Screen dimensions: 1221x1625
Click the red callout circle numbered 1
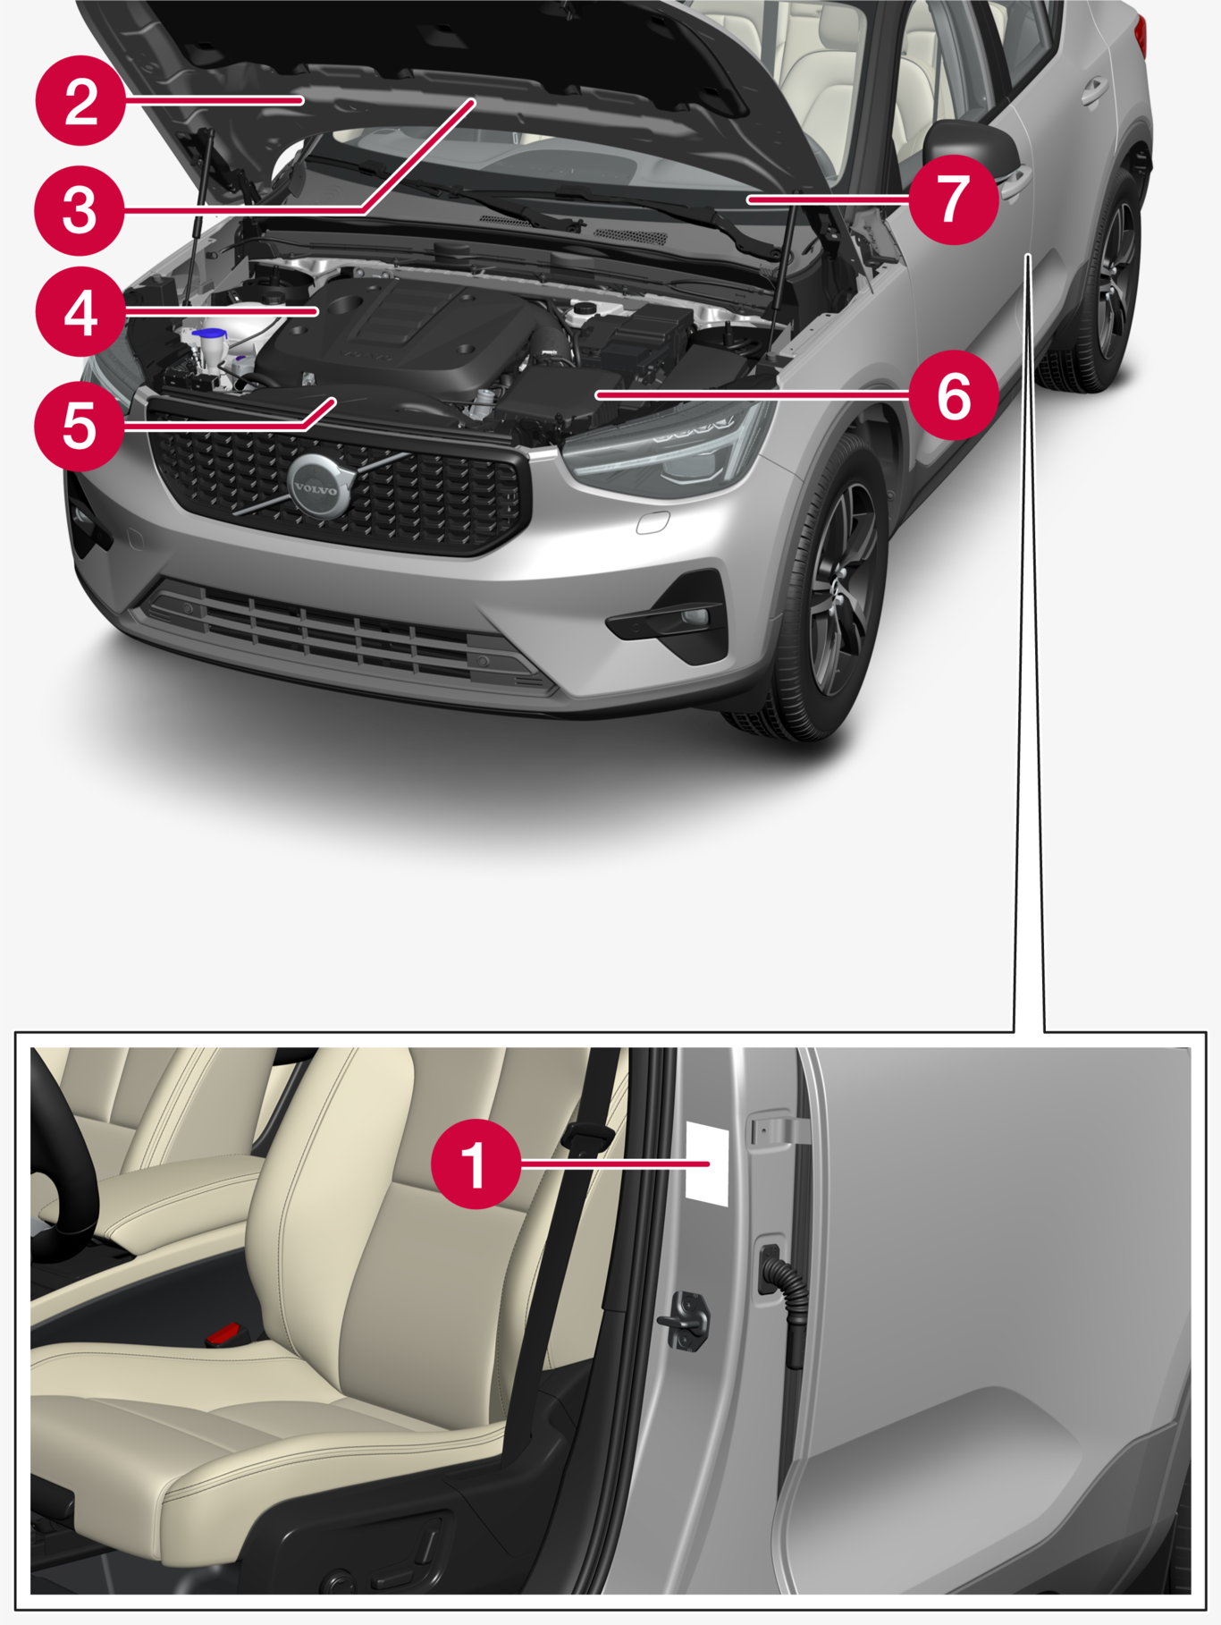476,1164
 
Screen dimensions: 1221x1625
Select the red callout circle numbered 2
80,100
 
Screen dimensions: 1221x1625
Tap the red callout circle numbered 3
80,211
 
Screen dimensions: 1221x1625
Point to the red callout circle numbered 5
80,426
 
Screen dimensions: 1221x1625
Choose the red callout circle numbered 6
954,394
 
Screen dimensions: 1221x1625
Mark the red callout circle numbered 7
954,199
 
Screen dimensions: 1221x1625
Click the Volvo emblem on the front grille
317,487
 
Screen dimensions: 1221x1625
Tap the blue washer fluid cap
209,334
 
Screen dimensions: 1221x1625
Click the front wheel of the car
831,590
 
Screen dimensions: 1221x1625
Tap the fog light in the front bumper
694,617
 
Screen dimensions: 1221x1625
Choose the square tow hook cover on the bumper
653,522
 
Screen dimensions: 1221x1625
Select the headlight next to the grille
666,447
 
